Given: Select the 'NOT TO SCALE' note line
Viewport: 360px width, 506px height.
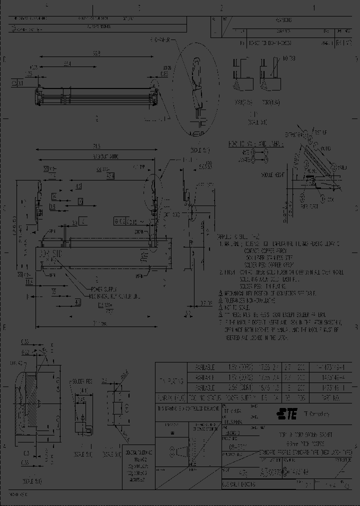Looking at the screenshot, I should (237, 308).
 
